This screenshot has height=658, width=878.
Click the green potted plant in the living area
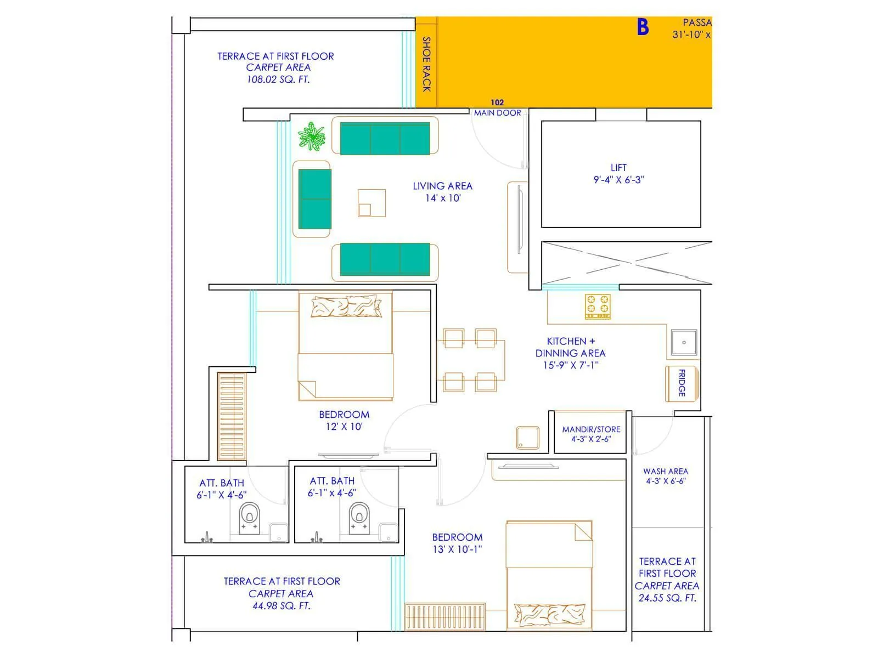(x=312, y=137)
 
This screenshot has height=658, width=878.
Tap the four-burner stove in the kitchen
(x=598, y=307)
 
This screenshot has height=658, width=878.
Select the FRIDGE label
(x=682, y=383)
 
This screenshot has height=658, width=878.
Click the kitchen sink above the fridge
(x=684, y=343)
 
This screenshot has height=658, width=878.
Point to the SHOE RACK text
(x=426, y=64)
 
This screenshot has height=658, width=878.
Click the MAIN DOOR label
(x=497, y=113)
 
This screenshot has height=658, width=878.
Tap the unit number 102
(x=497, y=103)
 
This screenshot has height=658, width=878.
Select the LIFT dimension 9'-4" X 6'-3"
(x=618, y=180)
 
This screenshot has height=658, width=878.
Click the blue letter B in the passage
(x=643, y=27)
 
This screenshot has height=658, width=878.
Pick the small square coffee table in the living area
(x=372, y=203)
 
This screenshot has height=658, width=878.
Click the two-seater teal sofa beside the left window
(x=314, y=198)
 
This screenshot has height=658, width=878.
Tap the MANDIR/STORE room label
(x=591, y=429)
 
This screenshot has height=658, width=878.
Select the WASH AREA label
(x=665, y=471)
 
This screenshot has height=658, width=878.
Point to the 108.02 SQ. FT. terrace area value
(x=278, y=80)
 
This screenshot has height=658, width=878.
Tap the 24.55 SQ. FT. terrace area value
(x=667, y=598)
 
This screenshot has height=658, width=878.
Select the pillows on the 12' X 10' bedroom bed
(x=346, y=307)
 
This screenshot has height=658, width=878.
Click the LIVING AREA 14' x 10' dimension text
(x=443, y=198)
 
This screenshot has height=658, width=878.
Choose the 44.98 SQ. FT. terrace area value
(x=282, y=606)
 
